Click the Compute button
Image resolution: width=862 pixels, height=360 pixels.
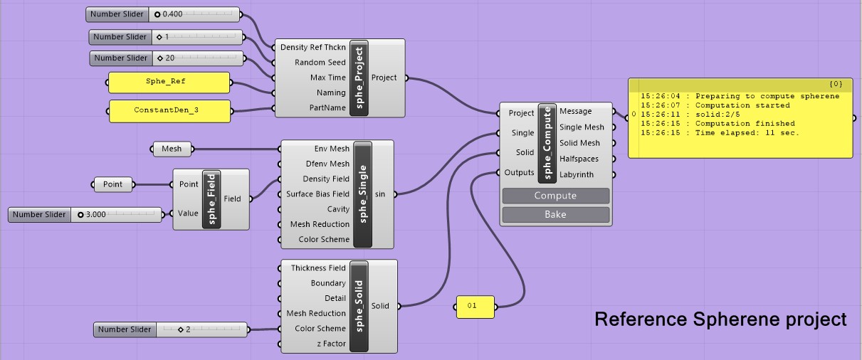click(x=555, y=196)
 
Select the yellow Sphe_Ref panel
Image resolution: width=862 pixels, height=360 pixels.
click(x=169, y=82)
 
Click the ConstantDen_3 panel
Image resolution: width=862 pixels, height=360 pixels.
click(x=169, y=110)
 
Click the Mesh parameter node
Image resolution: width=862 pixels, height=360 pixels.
click(x=172, y=149)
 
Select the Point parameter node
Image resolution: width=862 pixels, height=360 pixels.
click(x=112, y=184)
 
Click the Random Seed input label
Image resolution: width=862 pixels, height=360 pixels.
click(x=320, y=63)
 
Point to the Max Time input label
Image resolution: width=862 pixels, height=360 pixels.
click(x=327, y=78)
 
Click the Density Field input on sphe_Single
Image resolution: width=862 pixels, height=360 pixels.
click(x=326, y=179)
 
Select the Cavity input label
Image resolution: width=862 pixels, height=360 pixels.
click(x=338, y=209)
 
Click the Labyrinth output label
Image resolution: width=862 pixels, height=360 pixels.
click(x=582, y=174)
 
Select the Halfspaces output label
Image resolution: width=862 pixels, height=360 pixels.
click(x=579, y=159)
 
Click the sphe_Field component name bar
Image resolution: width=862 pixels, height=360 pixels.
click(x=211, y=198)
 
